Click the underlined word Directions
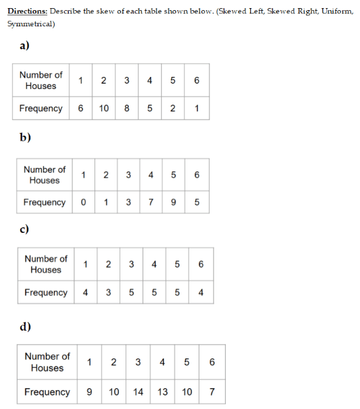28,11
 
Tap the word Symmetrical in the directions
31,24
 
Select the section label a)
24,45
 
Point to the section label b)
25,137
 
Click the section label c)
24,229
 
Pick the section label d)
25,326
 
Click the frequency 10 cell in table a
104,108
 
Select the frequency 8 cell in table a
127,108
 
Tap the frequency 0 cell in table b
84,202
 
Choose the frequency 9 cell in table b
173,202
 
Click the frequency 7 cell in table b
151,202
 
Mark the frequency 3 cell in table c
109,292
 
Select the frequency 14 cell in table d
138,391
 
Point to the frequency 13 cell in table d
162,391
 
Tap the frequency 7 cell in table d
212,391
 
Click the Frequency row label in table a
41,108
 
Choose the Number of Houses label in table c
46,265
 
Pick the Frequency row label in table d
47,392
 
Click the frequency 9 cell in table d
90,391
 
